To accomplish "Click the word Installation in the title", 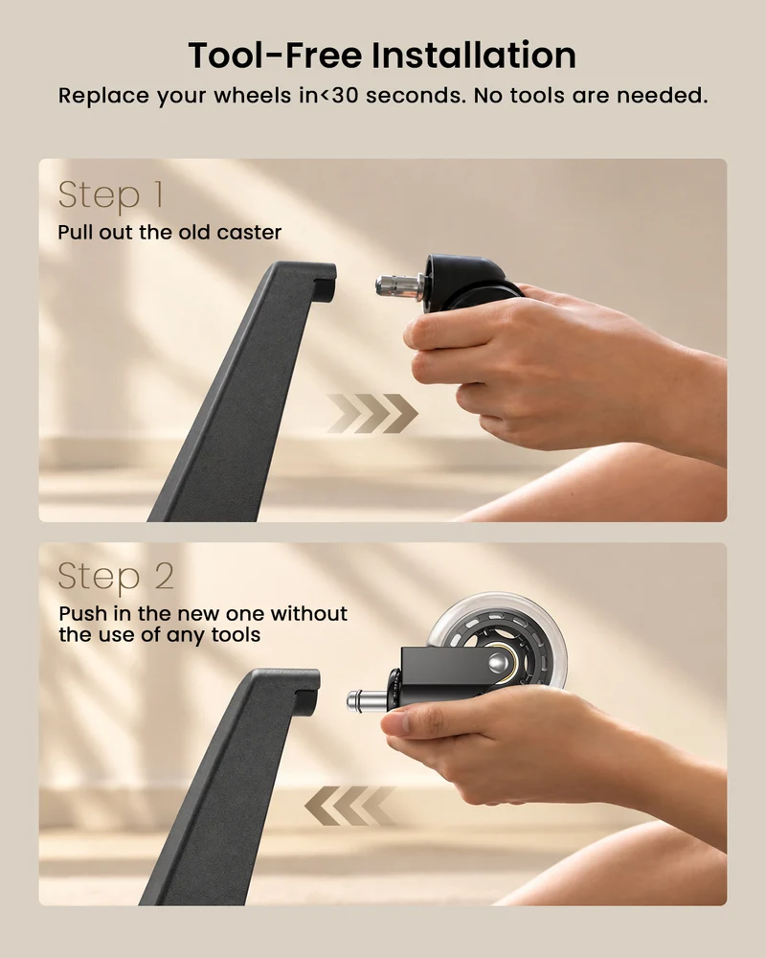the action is click(473, 55).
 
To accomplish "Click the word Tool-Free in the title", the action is click(275, 55).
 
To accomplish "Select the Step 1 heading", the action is click(110, 196).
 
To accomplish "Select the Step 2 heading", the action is click(116, 576).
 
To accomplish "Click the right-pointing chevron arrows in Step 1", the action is click(372, 414).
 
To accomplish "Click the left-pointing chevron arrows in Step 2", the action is click(350, 806).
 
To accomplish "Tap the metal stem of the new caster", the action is click(367, 700).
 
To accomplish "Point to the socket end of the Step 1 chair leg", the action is click(324, 283).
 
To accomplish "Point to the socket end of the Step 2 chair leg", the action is click(306, 691).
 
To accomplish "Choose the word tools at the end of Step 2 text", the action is click(236, 635).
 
